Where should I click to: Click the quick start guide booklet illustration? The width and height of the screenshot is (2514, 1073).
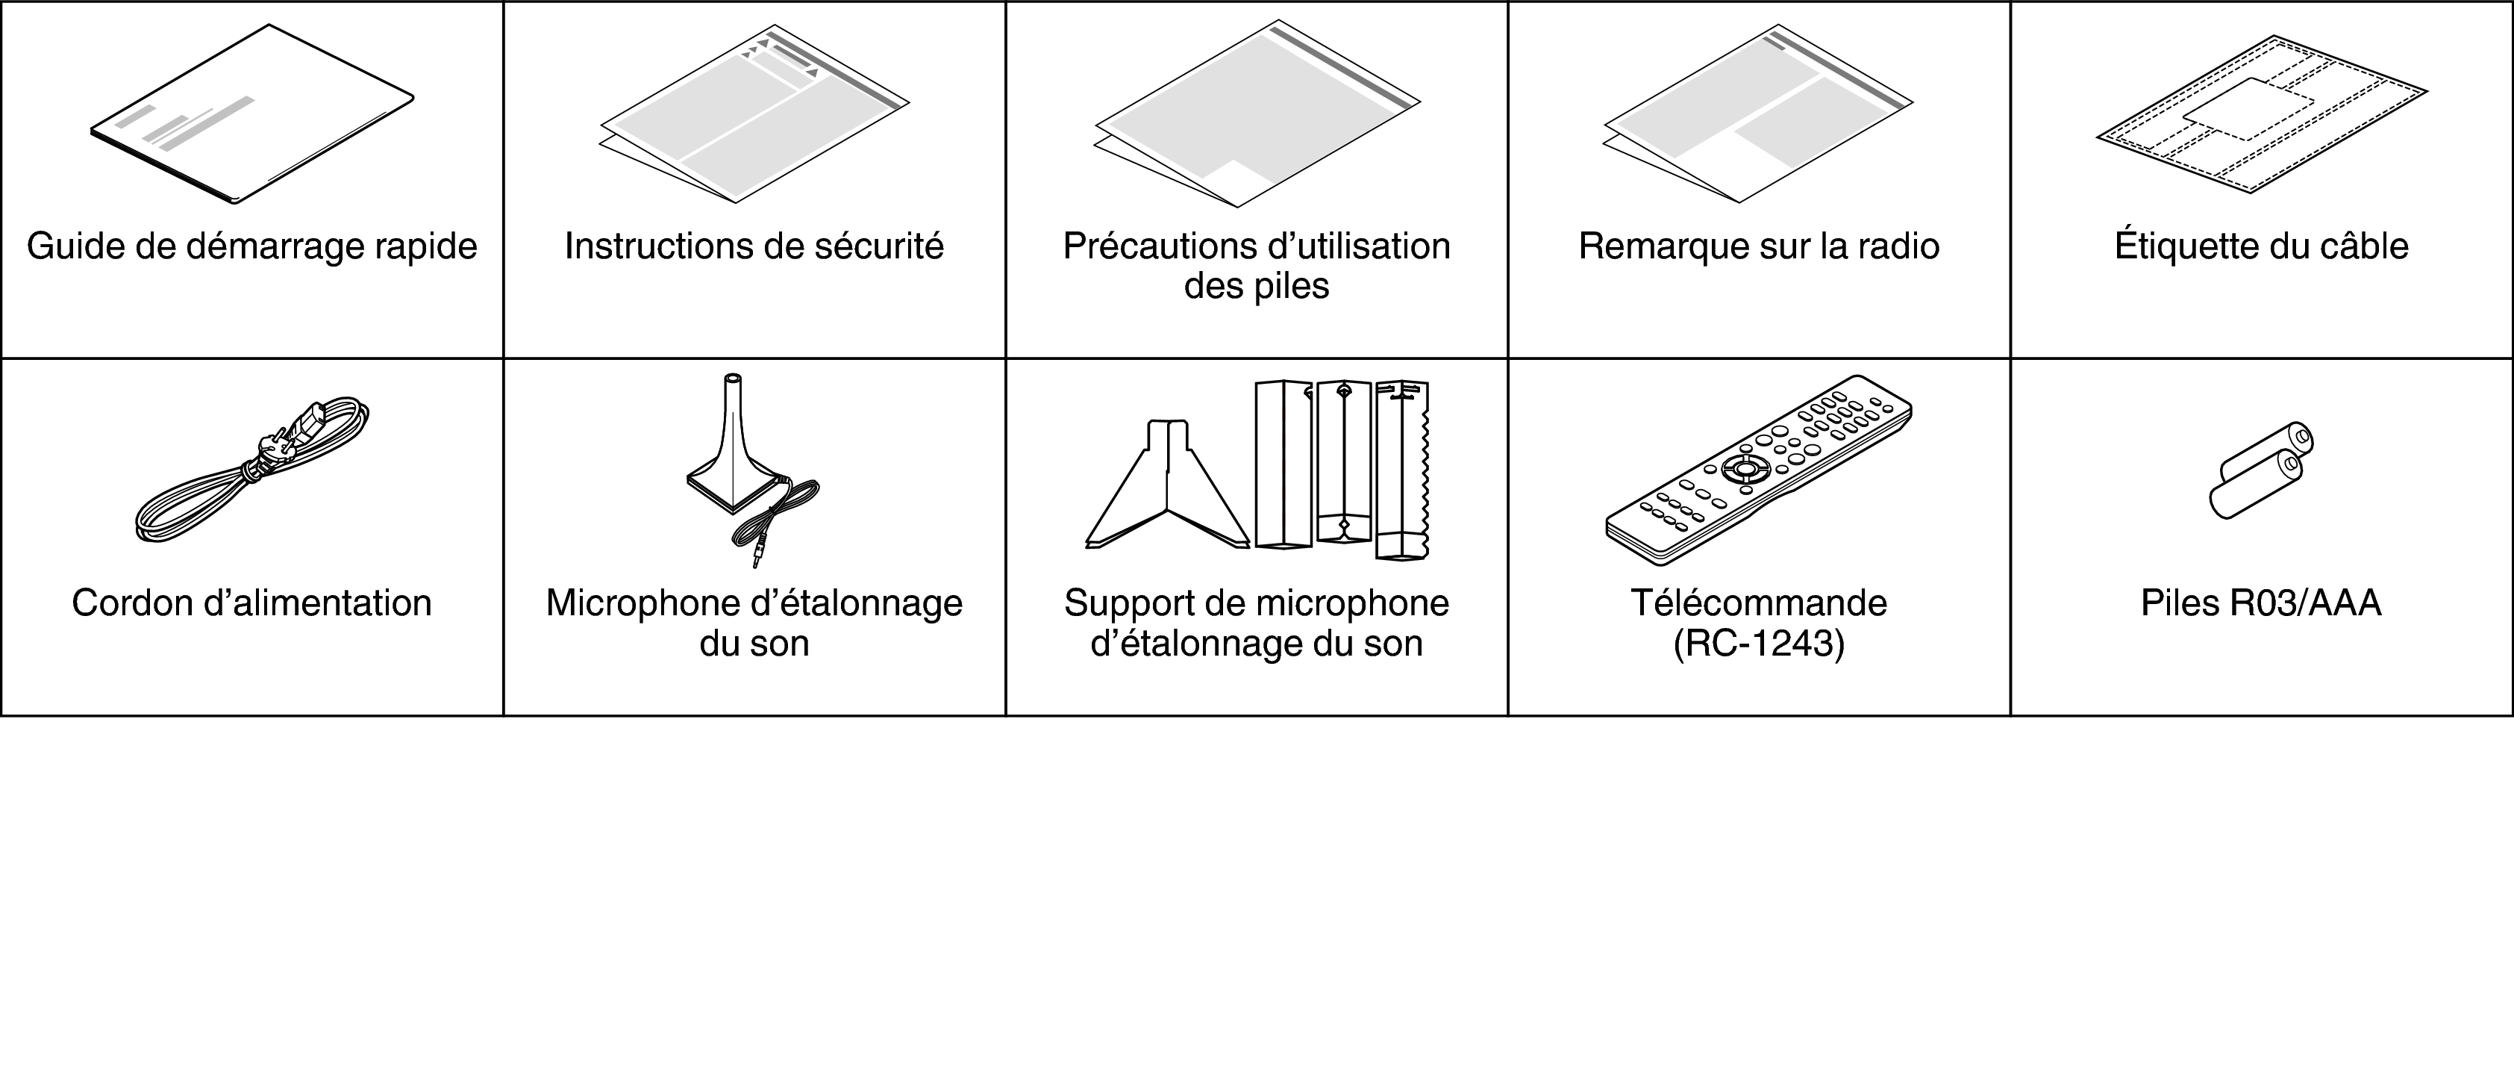[251, 114]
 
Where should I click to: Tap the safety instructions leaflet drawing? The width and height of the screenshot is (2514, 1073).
[754, 114]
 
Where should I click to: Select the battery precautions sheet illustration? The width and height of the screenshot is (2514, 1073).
[1257, 114]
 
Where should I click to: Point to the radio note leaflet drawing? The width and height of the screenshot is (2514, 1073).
[1757, 114]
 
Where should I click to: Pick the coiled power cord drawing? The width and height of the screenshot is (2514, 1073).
[251, 470]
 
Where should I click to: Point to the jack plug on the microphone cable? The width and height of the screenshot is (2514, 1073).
[757, 556]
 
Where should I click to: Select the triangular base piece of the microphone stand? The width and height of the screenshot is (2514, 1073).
[1167, 485]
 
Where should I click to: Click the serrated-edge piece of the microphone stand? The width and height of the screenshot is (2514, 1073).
[1404, 470]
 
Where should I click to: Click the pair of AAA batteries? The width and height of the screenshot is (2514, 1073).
[2261, 470]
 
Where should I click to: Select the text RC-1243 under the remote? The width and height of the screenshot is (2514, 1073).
[1759, 644]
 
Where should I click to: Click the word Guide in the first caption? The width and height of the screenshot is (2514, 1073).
[76, 246]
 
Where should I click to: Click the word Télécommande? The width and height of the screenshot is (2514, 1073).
[1759, 603]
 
